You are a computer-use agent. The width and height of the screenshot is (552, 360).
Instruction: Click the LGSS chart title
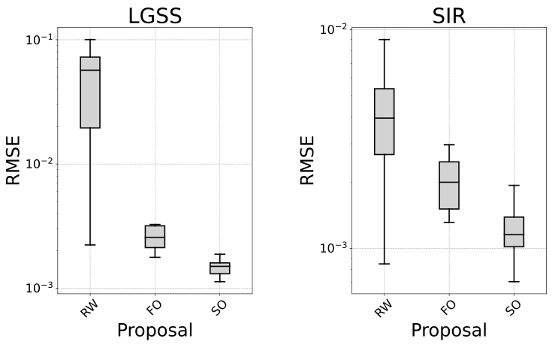click(x=155, y=15)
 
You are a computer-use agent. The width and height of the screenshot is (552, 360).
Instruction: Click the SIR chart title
click(x=449, y=15)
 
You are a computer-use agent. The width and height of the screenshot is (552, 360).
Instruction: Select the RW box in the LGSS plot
click(x=90, y=92)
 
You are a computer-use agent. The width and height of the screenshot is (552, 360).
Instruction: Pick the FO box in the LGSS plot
click(x=155, y=237)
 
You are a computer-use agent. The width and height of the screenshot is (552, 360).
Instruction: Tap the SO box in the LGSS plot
click(x=219, y=268)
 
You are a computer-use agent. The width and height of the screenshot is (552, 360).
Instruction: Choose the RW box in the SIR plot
click(x=384, y=122)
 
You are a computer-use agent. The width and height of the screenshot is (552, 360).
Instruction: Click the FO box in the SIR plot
click(x=449, y=186)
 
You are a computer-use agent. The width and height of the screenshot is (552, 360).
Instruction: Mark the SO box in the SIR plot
click(x=514, y=232)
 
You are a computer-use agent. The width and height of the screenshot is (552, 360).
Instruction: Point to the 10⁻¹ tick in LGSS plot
click(x=38, y=39)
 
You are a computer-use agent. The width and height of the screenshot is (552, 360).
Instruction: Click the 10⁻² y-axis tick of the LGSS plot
click(x=38, y=164)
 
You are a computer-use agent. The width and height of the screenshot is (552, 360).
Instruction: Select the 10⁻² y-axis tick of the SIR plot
click(x=333, y=29)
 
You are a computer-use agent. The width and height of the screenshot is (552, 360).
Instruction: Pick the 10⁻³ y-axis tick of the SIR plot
click(x=333, y=249)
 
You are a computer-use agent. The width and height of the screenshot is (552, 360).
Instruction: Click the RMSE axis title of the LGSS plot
click(x=14, y=160)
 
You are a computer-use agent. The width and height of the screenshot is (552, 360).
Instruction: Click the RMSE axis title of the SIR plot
click(x=308, y=160)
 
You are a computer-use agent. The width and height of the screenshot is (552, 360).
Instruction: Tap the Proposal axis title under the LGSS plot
click(x=155, y=330)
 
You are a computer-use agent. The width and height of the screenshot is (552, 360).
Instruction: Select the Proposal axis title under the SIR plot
click(x=449, y=330)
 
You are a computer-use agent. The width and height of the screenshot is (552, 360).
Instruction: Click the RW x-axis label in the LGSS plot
click(x=89, y=307)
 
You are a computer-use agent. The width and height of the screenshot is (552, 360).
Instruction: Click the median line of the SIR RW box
click(x=384, y=118)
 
